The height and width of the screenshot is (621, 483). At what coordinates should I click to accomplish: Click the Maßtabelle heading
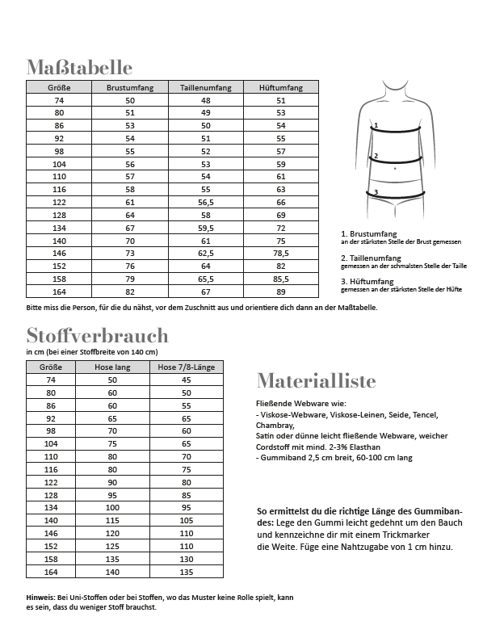point(79,66)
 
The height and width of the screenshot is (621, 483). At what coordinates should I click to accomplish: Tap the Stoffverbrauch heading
point(97,335)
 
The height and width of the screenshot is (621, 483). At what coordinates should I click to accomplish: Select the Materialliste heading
point(316,380)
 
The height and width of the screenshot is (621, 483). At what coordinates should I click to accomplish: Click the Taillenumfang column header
point(206,87)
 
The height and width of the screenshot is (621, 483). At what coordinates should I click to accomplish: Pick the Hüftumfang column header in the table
point(281,87)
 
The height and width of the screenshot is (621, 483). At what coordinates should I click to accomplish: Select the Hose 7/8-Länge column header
point(186,367)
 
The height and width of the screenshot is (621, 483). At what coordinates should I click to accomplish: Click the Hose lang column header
point(111,367)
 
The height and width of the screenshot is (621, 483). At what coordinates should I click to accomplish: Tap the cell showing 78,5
point(281,253)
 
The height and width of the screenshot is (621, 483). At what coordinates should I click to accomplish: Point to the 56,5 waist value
point(206,202)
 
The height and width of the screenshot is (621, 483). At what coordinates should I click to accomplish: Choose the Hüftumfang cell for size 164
point(281,291)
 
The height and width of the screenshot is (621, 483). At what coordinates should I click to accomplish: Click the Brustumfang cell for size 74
point(129,100)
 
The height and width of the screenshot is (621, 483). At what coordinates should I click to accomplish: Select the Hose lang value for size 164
point(111,572)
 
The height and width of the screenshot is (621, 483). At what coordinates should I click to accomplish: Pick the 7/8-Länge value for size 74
point(186,380)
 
